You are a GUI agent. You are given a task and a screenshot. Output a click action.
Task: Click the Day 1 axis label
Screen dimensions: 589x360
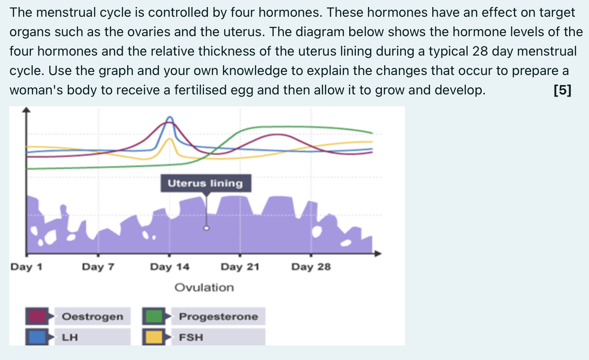pyautogui.click(x=26, y=267)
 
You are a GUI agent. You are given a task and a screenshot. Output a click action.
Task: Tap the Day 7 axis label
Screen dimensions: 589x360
pyautogui.click(x=98, y=267)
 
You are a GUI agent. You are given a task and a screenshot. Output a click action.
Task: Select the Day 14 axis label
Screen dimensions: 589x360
pyautogui.click(x=170, y=267)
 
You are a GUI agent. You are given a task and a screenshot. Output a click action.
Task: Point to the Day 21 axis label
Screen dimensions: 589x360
pyautogui.click(x=240, y=267)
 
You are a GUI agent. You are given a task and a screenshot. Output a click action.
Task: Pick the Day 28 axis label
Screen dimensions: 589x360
pyautogui.click(x=311, y=267)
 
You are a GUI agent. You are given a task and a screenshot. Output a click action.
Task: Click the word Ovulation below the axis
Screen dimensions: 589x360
pyautogui.click(x=204, y=288)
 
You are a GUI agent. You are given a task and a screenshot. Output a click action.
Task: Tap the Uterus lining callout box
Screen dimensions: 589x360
pyautogui.click(x=206, y=183)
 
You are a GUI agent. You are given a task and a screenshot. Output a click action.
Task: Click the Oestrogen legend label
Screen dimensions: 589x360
pyautogui.click(x=93, y=316)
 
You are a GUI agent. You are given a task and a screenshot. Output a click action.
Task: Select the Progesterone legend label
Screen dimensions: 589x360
pyautogui.click(x=218, y=316)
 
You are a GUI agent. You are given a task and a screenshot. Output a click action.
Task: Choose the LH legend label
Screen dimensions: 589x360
pyautogui.click(x=70, y=337)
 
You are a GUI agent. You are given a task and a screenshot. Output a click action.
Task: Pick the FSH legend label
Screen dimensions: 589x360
pyautogui.click(x=191, y=337)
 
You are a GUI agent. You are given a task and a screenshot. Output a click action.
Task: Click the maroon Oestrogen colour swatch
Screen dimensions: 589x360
pyautogui.click(x=37, y=316)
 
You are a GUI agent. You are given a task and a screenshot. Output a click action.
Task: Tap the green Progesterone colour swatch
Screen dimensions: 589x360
pyautogui.click(x=154, y=316)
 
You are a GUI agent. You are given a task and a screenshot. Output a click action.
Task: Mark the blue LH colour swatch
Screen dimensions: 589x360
pyautogui.click(x=37, y=337)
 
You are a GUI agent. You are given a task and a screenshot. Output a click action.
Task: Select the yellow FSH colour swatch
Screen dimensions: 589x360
pyautogui.click(x=154, y=337)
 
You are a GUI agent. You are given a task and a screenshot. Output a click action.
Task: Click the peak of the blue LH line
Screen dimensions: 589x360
pyautogui.click(x=170, y=117)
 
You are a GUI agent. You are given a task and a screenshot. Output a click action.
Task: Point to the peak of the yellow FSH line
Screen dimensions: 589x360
pyautogui.click(x=170, y=139)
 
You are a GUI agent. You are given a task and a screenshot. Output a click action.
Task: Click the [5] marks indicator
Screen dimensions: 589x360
pyautogui.click(x=563, y=90)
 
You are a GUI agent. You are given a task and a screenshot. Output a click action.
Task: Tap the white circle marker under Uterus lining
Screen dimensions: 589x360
pyautogui.click(x=206, y=229)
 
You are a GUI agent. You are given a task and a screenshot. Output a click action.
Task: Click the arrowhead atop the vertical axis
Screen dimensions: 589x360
pyautogui.click(x=26, y=110)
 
